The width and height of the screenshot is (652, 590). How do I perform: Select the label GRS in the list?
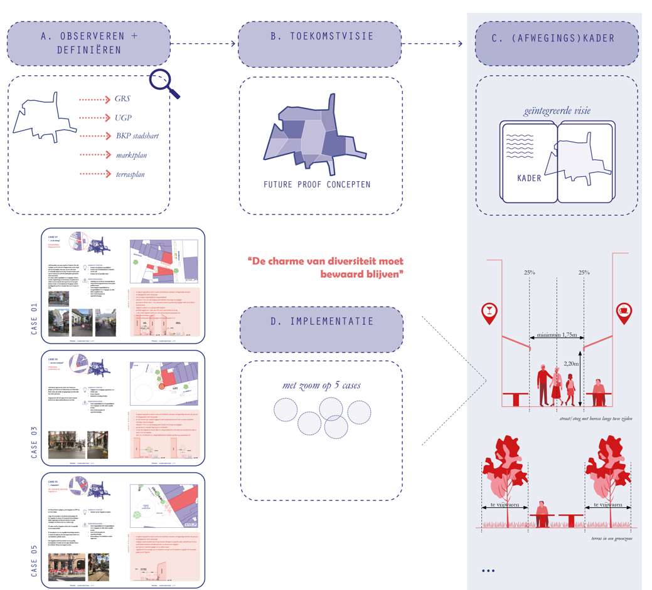[123, 99]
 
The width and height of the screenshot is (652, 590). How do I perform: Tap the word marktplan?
[131, 155]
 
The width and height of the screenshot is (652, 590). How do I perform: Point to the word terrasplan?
[129, 174]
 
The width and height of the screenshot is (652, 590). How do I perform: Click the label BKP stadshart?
[139, 136]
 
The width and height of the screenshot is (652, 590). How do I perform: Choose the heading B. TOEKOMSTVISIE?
[321, 36]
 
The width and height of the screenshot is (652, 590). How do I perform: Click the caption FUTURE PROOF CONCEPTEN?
[316, 184]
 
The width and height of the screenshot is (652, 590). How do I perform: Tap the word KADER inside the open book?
[529, 177]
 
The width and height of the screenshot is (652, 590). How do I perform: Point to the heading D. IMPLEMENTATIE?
[322, 322]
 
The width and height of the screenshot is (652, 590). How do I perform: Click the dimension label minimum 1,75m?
[557, 335]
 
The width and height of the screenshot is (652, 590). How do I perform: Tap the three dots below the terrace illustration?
[488, 571]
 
